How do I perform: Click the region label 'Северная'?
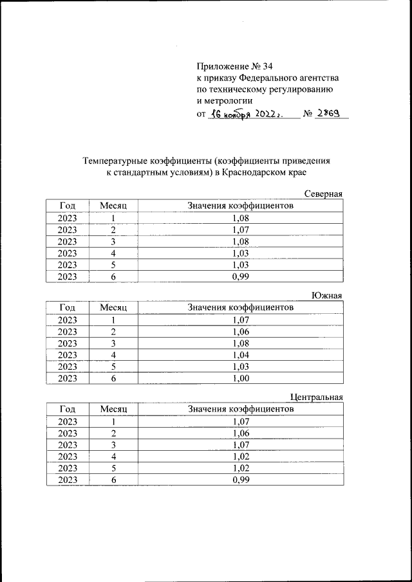point(323,194)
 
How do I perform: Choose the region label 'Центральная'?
point(317,397)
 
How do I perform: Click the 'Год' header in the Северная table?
point(67,206)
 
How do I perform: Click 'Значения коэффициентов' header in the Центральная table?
point(240,409)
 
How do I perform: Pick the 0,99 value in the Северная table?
point(240,277)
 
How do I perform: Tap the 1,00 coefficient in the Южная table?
point(240,378)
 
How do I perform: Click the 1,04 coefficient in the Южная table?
point(240,354)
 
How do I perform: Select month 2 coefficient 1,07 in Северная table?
point(240,230)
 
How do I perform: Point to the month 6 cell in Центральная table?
point(113,480)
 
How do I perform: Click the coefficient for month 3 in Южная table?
point(240,343)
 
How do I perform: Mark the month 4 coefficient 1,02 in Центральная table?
point(240,457)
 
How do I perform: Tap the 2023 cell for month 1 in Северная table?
point(67,218)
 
